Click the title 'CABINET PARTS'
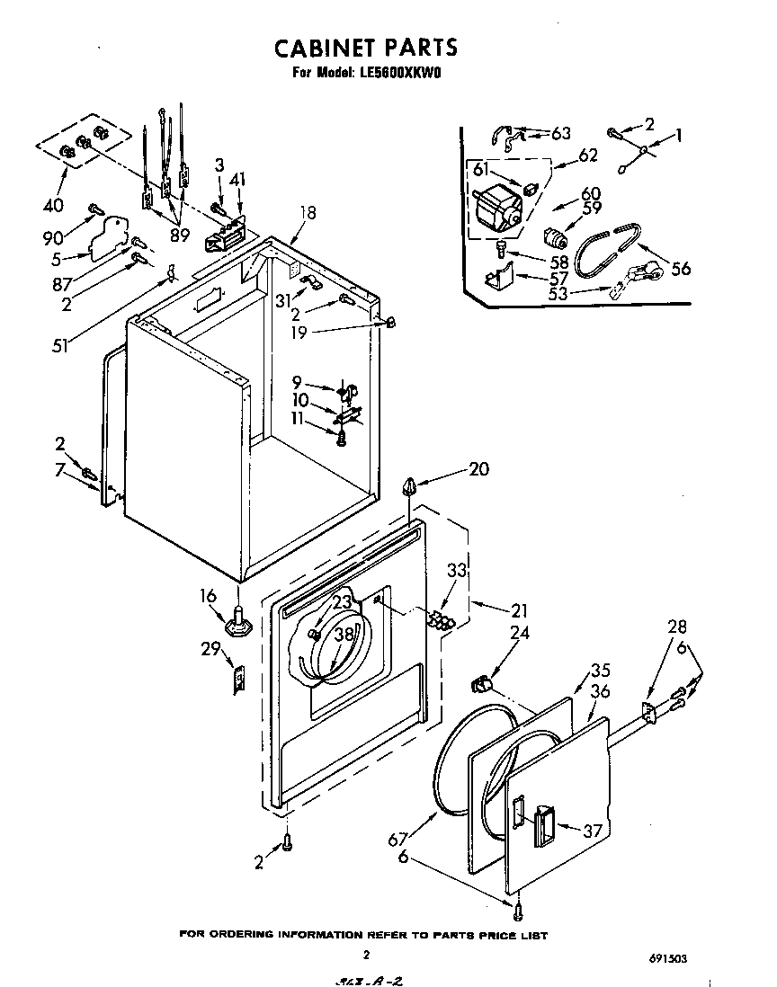(x=365, y=46)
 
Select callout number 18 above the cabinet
(x=308, y=213)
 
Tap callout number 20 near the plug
(x=478, y=468)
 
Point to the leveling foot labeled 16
(x=239, y=619)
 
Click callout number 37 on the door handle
(x=591, y=831)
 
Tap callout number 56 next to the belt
(x=681, y=268)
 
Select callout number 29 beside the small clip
(x=211, y=649)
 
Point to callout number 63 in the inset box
(x=560, y=133)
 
